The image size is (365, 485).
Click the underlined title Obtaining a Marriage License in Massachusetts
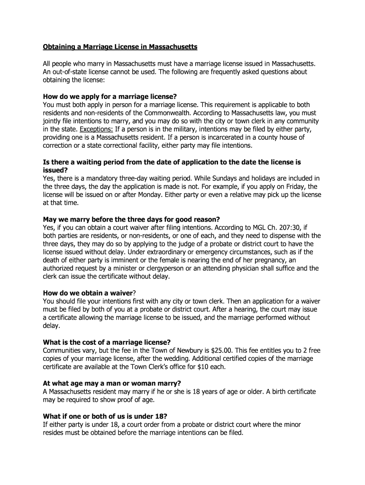pyautogui.click(x=120, y=47)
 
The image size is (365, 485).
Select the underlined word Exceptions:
pyautogui.click(x=95, y=129)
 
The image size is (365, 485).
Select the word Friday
pyautogui.click(x=293, y=186)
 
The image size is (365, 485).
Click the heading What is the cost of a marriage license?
pyautogui.click(x=107, y=342)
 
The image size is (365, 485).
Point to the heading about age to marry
pyautogui.click(x=112, y=383)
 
